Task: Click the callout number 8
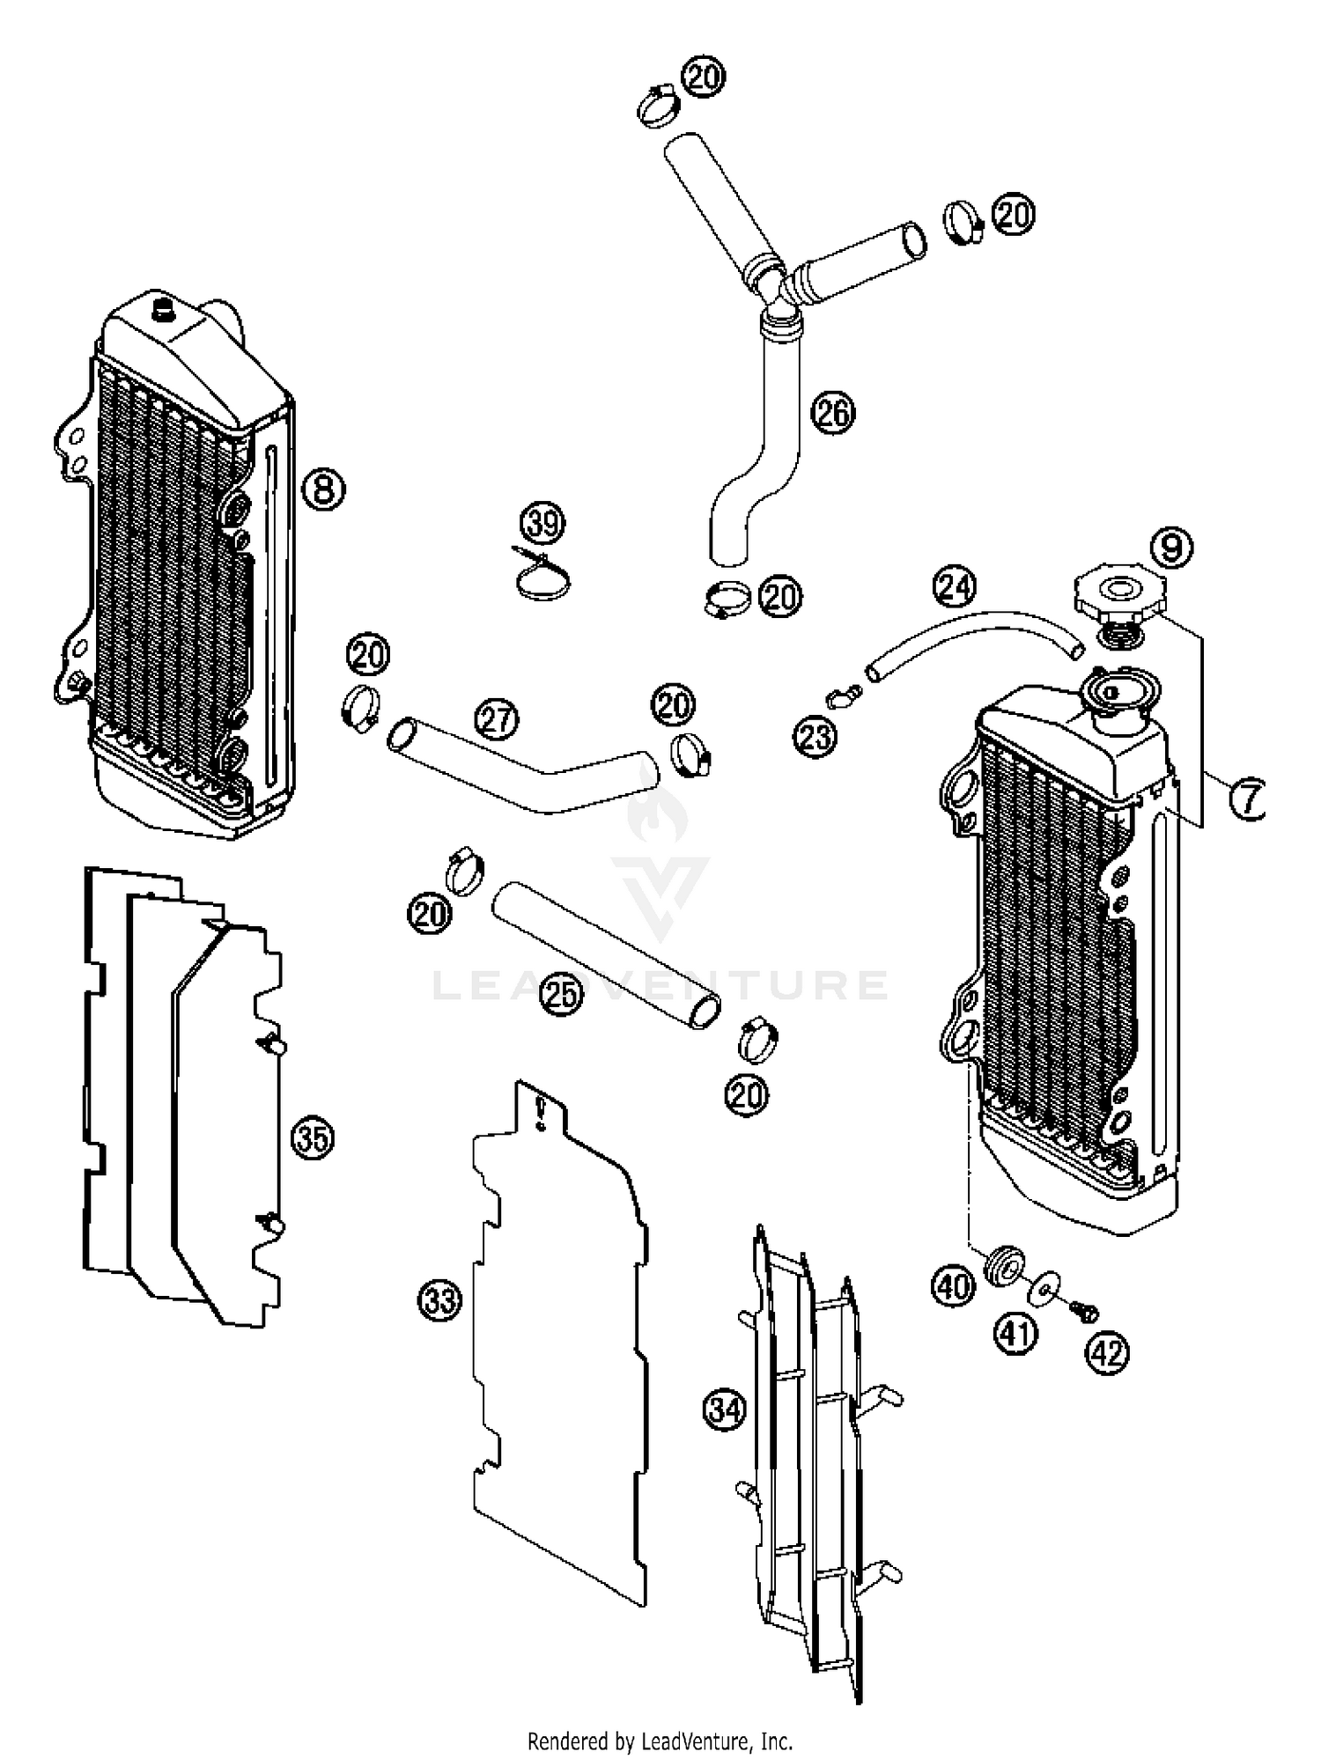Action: pos(324,489)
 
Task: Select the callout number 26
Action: pos(833,412)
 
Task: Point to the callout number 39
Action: pos(542,524)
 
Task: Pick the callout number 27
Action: pos(498,719)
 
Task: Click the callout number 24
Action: pos(956,586)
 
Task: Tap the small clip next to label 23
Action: pos(842,699)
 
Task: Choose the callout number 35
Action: pos(314,1138)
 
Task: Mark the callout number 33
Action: pos(439,1299)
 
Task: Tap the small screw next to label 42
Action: pos(1083,1311)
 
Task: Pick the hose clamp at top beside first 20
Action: pos(658,108)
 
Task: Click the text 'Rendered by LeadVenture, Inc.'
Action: pos(660,1740)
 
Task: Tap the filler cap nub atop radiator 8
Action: pos(164,310)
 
